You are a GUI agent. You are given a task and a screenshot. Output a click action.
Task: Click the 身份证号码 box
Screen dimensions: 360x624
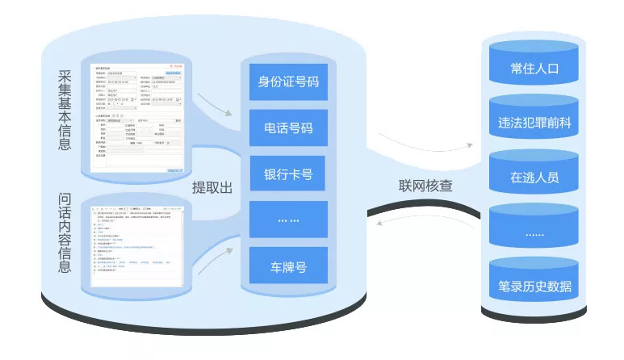click(288, 82)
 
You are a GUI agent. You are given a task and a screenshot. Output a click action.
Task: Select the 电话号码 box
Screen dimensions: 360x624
click(288, 128)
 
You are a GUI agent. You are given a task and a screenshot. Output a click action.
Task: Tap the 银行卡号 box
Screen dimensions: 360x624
click(288, 174)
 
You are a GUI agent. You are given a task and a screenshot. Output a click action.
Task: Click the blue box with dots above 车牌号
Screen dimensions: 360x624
click(288, 220)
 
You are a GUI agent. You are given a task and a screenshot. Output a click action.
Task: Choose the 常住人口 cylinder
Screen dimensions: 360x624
click(534, 68)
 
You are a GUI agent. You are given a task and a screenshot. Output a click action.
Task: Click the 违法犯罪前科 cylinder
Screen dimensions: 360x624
click(534, 123)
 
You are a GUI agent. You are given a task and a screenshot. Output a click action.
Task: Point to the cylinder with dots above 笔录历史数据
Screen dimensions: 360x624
click(534, 232)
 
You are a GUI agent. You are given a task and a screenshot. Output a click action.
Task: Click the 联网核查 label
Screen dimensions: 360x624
click(425, 185)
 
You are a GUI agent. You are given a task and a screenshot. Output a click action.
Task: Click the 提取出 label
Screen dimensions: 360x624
click(211, 187)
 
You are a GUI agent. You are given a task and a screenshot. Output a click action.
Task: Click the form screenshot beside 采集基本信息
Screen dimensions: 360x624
click(138, 118)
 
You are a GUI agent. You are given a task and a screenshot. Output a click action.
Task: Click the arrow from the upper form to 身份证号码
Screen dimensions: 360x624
click(213, 103)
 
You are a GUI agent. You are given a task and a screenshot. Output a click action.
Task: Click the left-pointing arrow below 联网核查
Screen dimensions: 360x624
click(412, 224)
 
